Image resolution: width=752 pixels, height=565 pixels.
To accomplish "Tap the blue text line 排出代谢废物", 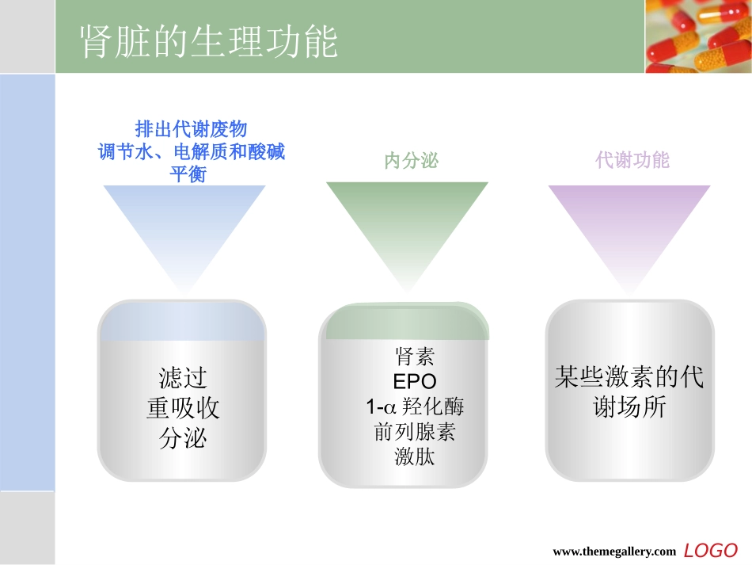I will pyautogui.click(x=191, y=129).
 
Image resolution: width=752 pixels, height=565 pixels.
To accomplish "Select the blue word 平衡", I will pyautogui.click(x=188, y=174).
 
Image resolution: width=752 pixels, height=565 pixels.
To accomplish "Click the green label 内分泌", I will pyautogui.click(x=411, y=162).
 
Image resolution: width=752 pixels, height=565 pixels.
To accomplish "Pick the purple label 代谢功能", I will pyautogui.click(x=632, y=161).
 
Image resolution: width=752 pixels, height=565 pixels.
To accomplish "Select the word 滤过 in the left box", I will pyautogui.click(x=183, y=376).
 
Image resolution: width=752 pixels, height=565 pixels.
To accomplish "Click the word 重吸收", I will pyautogui.click(x=183, y=407).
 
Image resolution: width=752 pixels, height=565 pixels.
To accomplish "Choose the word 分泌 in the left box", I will pyautogui.click(x=183, y=438).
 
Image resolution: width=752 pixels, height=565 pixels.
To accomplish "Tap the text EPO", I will pyautogui.click(x=414, y=381).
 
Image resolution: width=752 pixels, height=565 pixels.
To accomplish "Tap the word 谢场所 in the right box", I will pyautogui.click(x=629, y=407).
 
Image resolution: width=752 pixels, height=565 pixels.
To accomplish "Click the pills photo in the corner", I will pyautogui.click(x=697, y=36).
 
